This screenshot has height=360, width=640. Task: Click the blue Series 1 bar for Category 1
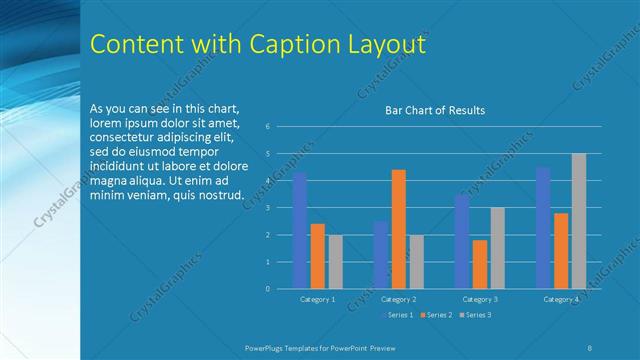tap(299, 230)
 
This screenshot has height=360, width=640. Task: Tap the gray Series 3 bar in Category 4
tap(579, 221)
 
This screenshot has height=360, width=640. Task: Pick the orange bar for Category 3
tap(479, 264)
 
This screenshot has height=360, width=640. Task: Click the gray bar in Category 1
tap(335, 262)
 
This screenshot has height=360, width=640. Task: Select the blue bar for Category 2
tap(380, 255)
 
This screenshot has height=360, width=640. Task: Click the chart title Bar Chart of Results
tap(435, 110)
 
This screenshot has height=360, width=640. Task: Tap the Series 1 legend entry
tap(400, 315)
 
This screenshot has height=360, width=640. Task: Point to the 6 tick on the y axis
tap(268, 127)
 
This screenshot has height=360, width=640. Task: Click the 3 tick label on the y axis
tap(268, 208)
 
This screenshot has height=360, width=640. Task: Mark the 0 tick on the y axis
tap(268, 289)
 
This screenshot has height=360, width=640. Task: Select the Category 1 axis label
tap(317, 299)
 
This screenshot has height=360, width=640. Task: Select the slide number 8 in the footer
tap(589, 346)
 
